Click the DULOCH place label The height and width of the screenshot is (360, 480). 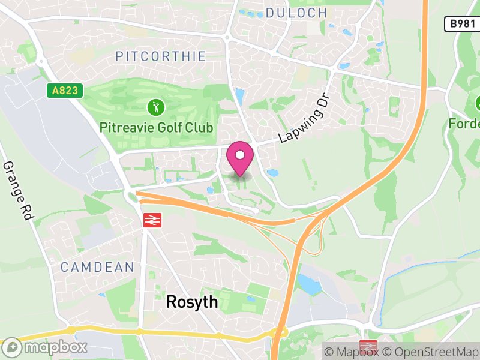[x=296, y=13]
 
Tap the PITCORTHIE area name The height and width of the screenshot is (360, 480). [x=160, y=57]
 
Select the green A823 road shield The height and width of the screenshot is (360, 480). [x=64, y=91]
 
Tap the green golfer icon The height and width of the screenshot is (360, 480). [x=155, y=109]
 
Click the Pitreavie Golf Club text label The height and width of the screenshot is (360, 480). [x=157, y=128]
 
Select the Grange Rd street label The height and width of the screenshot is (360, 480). [x=17, y=191]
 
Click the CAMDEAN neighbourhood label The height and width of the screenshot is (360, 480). [x=97, y=267]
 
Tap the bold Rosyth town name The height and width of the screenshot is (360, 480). [x=191, y=302]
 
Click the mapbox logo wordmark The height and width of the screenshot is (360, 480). [x=46, y=347]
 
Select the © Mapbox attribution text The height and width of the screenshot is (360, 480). [x=351, y=352]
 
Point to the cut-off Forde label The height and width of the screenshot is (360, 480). [x=465, y=124]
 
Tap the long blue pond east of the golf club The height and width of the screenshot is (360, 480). [x=241, y=96]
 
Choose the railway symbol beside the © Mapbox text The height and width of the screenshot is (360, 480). [x=368, y=347]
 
